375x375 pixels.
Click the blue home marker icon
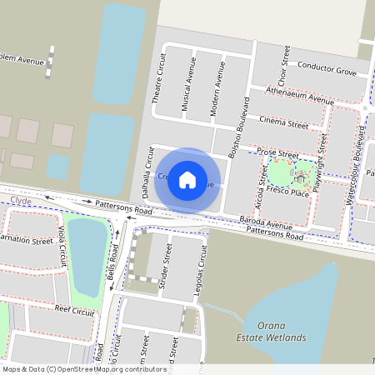(187, 179)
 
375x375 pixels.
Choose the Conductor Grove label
(327, 69)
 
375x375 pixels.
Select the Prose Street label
(277, 154)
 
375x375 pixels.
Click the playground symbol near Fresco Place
(300, 177)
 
